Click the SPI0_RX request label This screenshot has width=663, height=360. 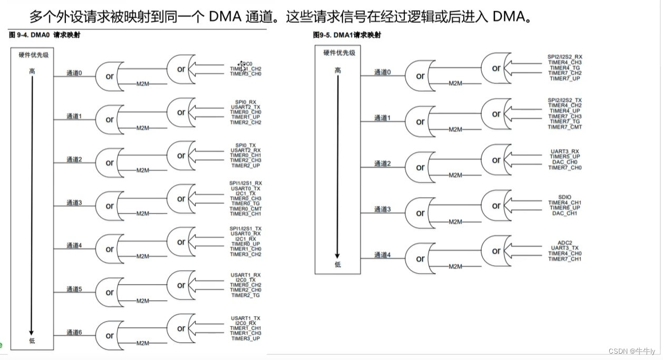tap(246, 101)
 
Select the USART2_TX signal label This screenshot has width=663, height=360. tap(246, 106)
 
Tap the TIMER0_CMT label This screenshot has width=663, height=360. tap(246, 209)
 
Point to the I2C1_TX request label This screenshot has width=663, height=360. tap(246, 193)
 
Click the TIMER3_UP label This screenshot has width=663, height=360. tap(246, 338)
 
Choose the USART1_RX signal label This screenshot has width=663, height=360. tap(246, 275)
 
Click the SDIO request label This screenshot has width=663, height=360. tap(565, 197)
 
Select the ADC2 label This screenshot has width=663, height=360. tap(565, 242)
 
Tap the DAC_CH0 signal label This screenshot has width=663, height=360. tap(565, 162)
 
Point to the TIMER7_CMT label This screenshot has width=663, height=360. tap(565, 127)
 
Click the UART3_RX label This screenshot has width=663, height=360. tap(565, 151)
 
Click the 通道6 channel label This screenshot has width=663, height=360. tap(74, 332)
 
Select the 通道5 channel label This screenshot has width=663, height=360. tap(74, 289)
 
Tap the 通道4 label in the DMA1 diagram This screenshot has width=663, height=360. tap(383, 255)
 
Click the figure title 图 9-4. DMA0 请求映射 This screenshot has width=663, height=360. tap(45, 35)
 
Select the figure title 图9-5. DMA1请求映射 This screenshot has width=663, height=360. tap(347, 35)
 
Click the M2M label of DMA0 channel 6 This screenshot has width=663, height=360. tap(143, 343)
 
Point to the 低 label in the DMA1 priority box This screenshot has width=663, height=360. tap(337, 264)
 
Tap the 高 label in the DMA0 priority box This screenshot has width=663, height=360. tap(32, 70)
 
